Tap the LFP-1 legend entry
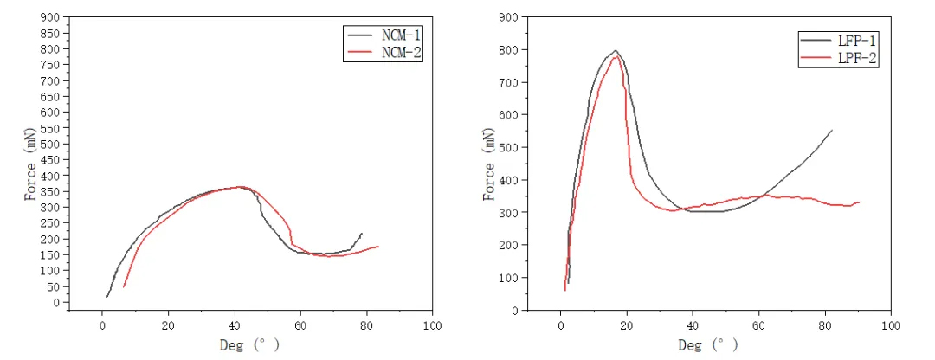tap(858, 41)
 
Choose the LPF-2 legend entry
tap(858, 59)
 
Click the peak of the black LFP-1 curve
tap(616, 51)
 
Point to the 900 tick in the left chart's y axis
tap(54, 17)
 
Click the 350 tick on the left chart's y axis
tap(54, 191)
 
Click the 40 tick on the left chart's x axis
tap(235, 325)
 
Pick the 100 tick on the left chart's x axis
tap(433, 325)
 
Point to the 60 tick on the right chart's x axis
tap(758, 325)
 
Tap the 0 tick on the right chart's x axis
tap(561, 325)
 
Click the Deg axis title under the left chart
tap(249, 344)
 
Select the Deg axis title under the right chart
tap(708, 344)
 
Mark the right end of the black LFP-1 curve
tap(832, 131)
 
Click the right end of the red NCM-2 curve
tap(378, 247)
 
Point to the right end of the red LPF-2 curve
tap(859, 202)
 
